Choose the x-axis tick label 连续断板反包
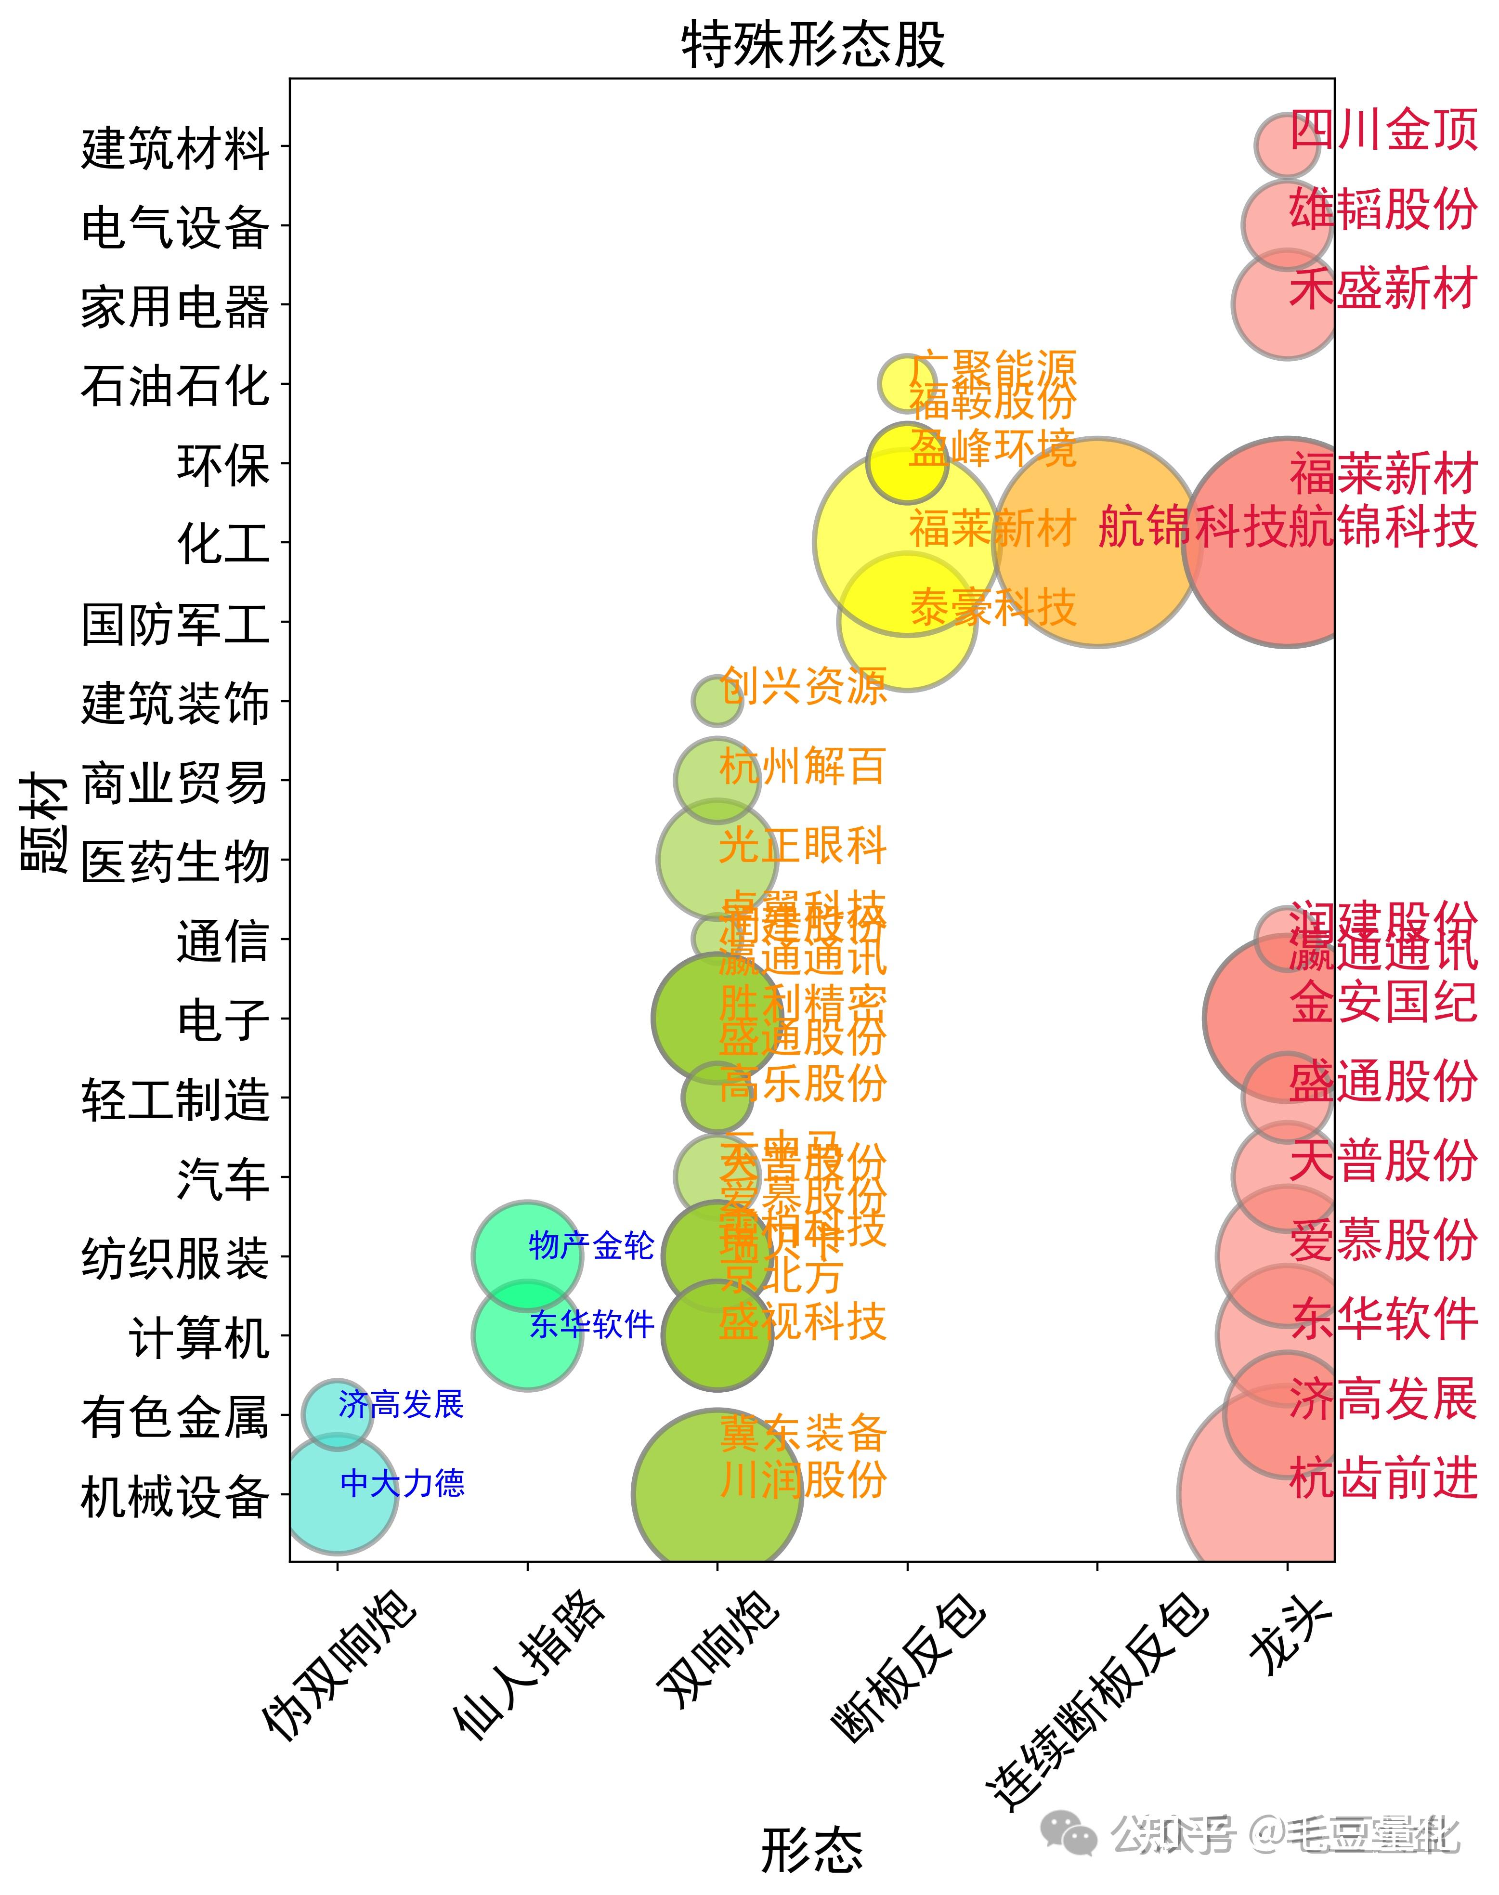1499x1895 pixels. tap(1097, 1703)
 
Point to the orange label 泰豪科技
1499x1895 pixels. tap(992, 607)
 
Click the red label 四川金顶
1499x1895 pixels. tap(1383, 130)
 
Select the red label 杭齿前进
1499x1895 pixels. tap(1383, 1478)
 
